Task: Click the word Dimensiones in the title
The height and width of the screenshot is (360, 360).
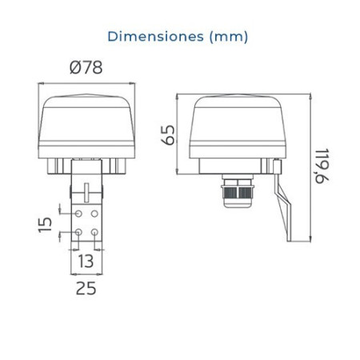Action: [x=156, y=37]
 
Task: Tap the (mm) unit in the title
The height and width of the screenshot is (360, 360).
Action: [x=229, y=37]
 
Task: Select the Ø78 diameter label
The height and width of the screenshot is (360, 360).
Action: [x=86, y=68]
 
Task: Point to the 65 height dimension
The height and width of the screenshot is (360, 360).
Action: [x=169, y=135]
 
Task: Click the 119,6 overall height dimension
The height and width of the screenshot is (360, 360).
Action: [x=322, y=166]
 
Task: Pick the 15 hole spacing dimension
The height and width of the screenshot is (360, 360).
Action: [x=45, y=225]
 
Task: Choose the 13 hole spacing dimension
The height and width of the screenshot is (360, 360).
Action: [x=86, y=261]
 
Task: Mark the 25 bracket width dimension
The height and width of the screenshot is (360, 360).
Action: [x=86, y=288]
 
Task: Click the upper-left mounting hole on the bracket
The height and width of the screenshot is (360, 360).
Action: [x=78, y=214]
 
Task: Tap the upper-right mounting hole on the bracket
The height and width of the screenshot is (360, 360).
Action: [x=94, y=214]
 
